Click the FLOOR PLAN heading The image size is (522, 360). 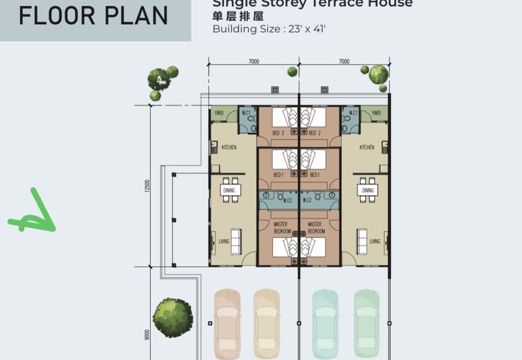pyautogui.click(x=93, y=15)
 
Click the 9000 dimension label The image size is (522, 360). pyautogui.click(x=149, y=335)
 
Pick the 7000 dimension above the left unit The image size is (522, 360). pyautogui.click(x=253, y=61)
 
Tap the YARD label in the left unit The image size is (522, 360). pyautogui.click(x=219, y=113)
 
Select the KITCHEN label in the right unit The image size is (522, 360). pyautogui.click(x=367, y=147)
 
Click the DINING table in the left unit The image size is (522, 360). pyautogui.click(x=230, y=190)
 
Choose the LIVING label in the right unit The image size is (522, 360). pyautogui.click(x=375, y=241)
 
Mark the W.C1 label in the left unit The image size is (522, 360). pyautogui.click(x=247, y=113)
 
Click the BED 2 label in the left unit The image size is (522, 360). pyautogui.click(x=278, y=133)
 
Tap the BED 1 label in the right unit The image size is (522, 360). pyautogui.click(x=315, y=175)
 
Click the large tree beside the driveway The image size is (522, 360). pyautogui.click(x=173, y=318)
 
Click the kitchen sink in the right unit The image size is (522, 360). pyautogui.click(x=386, y=147)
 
